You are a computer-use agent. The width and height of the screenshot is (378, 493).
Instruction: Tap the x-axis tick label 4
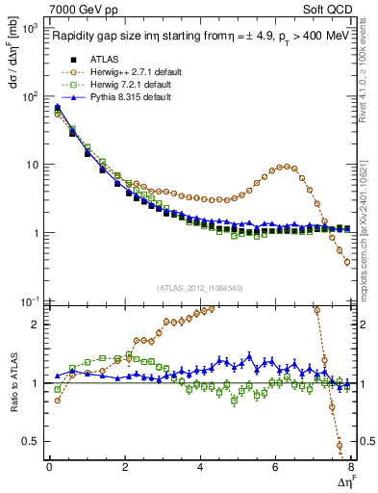coord(200,468)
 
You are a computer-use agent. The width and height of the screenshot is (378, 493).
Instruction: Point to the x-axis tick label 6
coord(276,468)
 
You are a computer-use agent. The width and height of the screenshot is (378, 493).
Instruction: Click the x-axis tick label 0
coord(49,468)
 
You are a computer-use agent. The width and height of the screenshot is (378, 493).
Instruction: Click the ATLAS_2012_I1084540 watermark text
coord(200,287)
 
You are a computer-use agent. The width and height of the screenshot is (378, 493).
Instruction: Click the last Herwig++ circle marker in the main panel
coord(347,261)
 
